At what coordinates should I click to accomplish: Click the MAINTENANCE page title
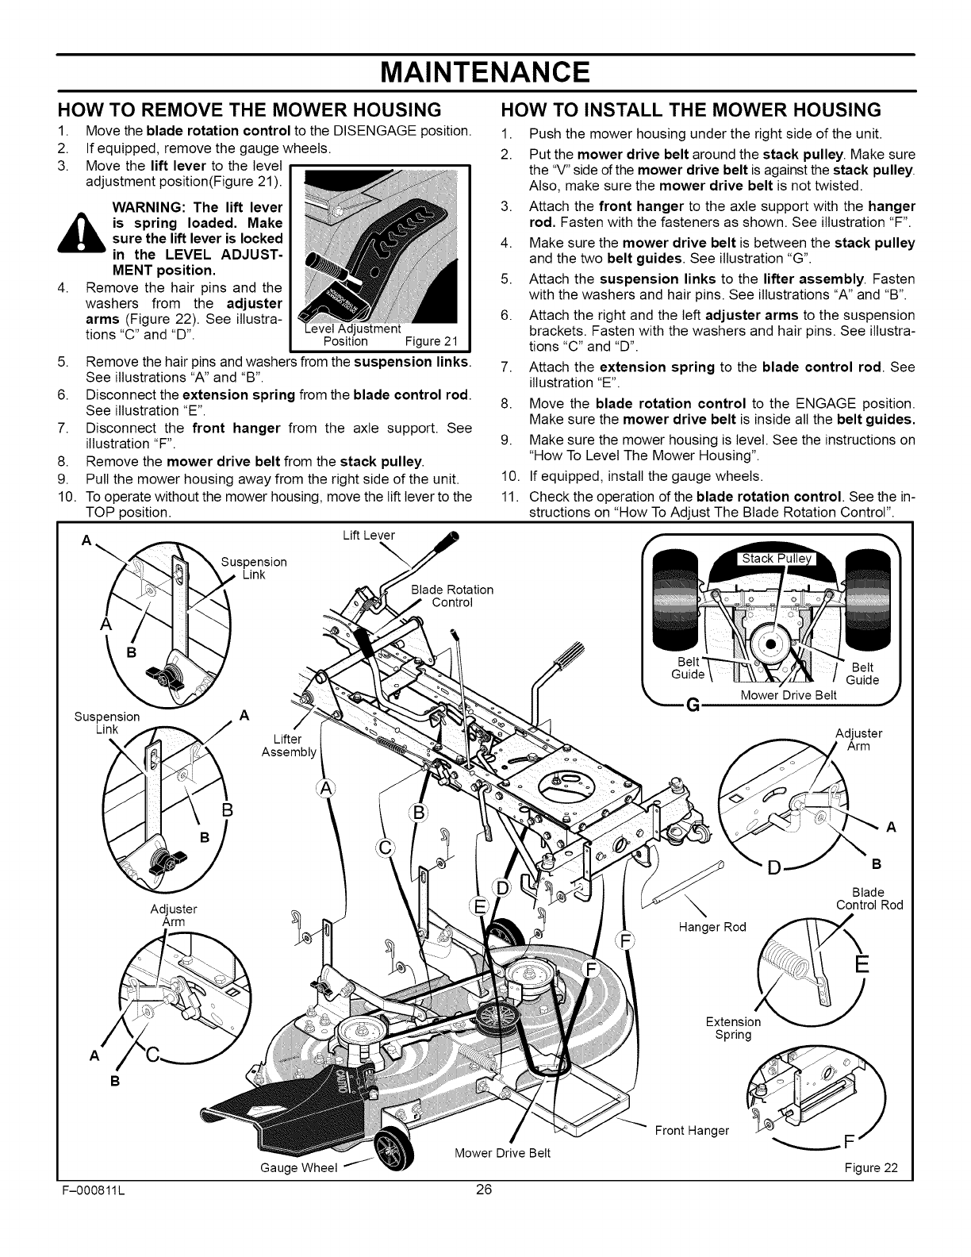coord(485,73)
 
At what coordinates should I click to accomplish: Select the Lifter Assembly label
coord(289,745)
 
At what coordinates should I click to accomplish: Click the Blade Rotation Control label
coord(452,595)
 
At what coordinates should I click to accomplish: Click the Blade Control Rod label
coord(869,898)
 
